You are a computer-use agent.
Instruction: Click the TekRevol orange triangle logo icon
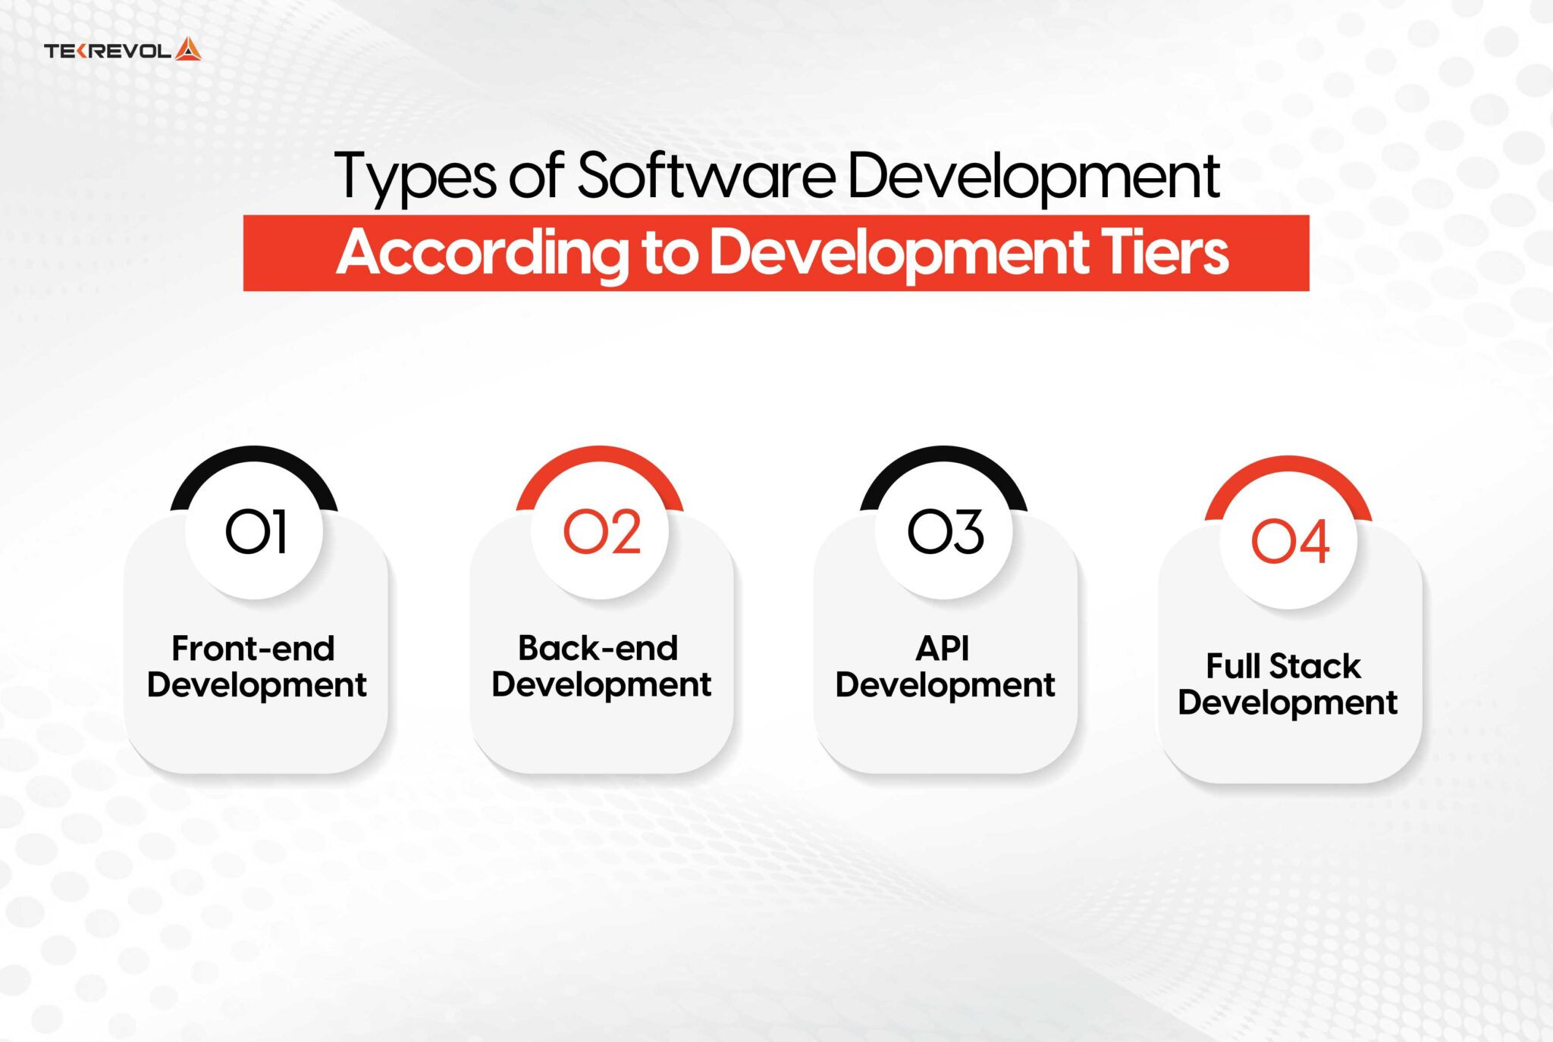coord(188,50)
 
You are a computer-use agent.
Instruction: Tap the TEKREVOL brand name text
coord(108,51)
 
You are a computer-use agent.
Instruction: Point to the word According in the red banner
coord(482,253)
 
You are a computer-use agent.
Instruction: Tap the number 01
coord(256,532)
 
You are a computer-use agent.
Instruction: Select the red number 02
coord(601,532)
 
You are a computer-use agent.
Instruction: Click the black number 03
coord(946,532)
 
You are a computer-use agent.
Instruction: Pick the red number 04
coord(1290,542)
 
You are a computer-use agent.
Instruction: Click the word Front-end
coord(253,649)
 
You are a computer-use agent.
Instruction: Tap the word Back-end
coord(598,649)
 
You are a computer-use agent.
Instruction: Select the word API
coord(943,649)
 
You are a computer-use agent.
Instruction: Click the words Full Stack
coord(1284,667)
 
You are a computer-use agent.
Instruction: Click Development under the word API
coord(945,685)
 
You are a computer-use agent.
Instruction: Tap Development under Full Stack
coord(1288,703)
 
